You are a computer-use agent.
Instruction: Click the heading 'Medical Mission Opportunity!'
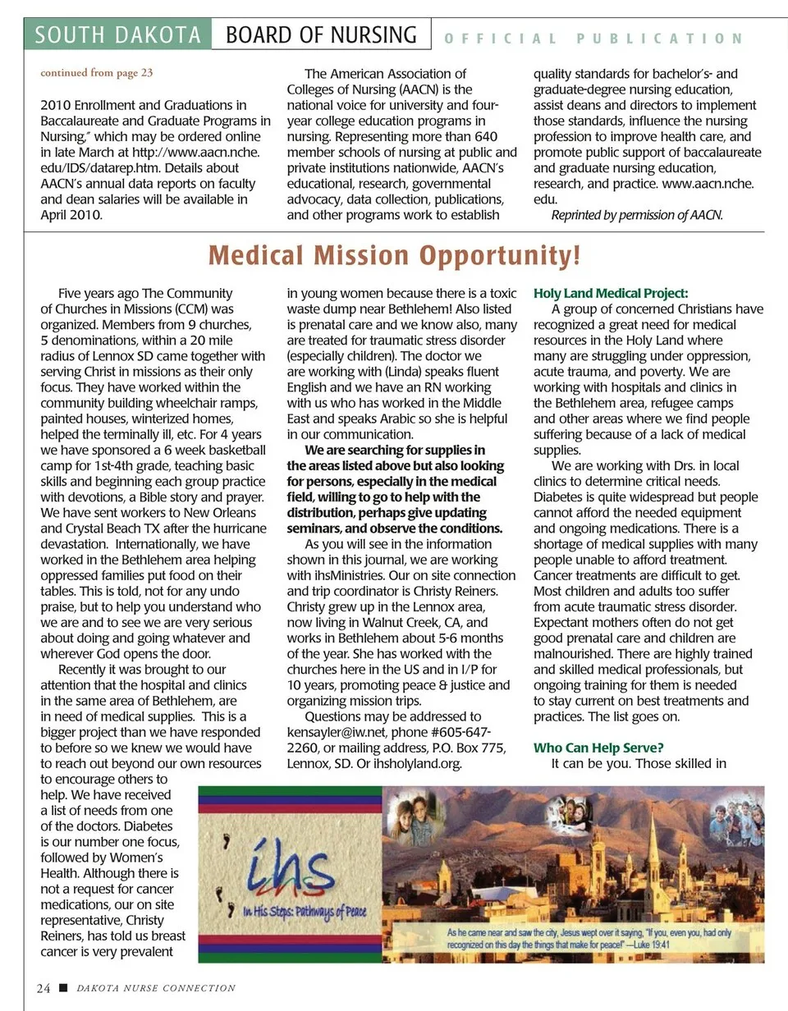394,256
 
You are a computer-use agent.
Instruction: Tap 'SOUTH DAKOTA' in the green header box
118,35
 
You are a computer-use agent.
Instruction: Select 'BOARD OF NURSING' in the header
321,35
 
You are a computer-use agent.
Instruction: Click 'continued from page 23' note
97,73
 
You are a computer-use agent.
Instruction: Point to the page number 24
44,988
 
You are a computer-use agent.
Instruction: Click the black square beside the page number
63,988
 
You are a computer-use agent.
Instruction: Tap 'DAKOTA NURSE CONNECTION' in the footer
156,989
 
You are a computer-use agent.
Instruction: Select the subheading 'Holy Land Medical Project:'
611,294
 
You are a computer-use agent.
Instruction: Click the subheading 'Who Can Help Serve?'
598,748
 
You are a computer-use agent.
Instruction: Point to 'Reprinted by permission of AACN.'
637,215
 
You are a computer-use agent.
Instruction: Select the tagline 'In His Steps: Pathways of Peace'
305,912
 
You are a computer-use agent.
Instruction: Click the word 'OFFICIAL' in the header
501,39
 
